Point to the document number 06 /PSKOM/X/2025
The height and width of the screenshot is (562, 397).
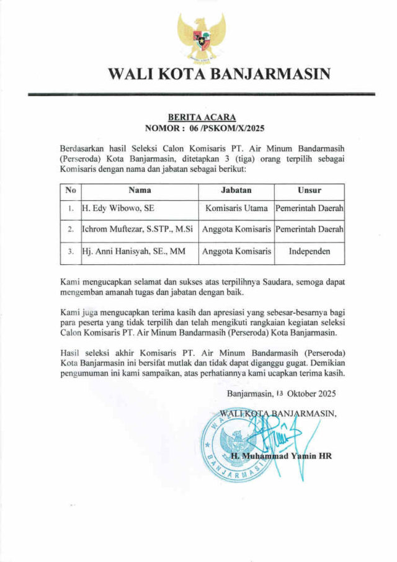[220, 129]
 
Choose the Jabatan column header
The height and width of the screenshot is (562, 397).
[236, 190]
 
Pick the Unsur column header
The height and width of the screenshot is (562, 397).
[309, 190]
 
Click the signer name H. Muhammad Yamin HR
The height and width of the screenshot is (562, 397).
[280, 456]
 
